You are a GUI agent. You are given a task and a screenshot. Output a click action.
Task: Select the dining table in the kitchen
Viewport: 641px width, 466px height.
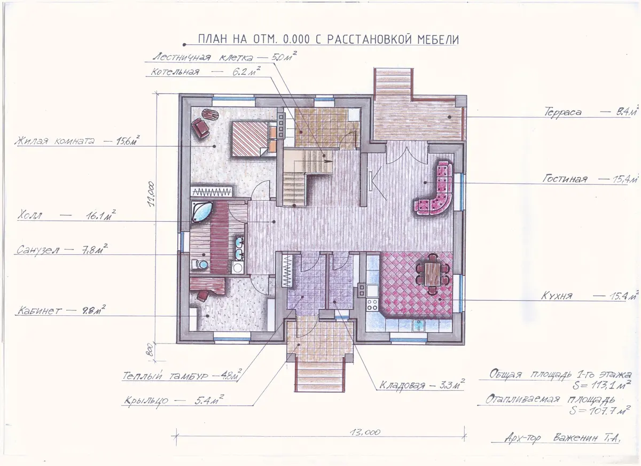(x=432, y=274)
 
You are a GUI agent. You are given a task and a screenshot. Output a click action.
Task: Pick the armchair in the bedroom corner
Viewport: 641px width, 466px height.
(x=201, y=128)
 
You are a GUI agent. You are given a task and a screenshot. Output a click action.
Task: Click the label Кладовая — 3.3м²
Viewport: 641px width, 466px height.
(x=422, y=384)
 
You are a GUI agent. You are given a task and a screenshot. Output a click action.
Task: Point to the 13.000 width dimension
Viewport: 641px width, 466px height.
(x=365, y=432)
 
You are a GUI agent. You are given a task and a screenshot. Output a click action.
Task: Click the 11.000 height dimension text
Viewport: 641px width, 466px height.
(x=151, y=194)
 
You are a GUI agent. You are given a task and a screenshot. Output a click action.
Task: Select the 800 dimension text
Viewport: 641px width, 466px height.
(x=150, y=351)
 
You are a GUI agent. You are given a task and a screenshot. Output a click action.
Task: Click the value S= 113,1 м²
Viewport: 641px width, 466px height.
(x=601, y=385)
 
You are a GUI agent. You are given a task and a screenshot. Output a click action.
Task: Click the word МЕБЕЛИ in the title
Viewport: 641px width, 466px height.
(x=438, y=40)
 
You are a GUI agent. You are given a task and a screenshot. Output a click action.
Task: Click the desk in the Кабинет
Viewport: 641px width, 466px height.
(x=207, y=285)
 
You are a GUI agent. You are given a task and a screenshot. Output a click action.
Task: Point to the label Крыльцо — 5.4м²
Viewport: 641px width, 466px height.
(x=174, y=400)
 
